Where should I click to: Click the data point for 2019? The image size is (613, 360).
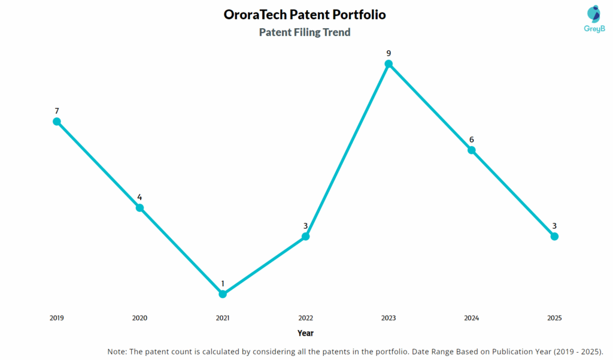pyautogui.click(x=57, y=122)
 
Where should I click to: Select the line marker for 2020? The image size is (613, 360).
pyautogui.click(x=139, y=208)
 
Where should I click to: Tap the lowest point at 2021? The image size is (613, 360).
pyautogui.click(x=223, y=294)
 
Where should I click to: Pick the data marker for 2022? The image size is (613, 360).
pyautogui.click(x=305, y=237)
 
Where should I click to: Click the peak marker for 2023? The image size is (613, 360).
pyautogui.click(x=389, y=64)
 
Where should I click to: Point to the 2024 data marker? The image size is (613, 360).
pyautogui.click(x=472, y=150)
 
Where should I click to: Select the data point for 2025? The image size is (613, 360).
pyautogui.click(x=554, y=237)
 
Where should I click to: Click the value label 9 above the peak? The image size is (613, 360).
pyautogui.click(x=389, y=53)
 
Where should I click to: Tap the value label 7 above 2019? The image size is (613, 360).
pyautogui.click(x=57, y=111)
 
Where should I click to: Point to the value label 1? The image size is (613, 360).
pyautogui.click(x=223, y=283)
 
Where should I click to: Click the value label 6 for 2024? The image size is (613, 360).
pyautogui.click(x=472, y=140)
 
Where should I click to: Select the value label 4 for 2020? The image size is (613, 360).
pyautogui.click(x=139, y=197)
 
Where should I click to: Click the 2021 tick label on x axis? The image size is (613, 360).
pyautogui.click(x=223, y=318)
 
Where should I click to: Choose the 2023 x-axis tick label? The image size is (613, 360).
pyautogui.click(x=389, y=318)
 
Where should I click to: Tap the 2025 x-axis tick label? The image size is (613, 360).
pyautogui.click(x=554, y=318)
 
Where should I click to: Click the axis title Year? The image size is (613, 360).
pyautogui.click(x=305, y=333)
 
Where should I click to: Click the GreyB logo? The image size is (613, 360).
pyautogui.click(x=593, y=19)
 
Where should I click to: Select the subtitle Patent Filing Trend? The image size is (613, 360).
pyautogui.click(x=305, y=32)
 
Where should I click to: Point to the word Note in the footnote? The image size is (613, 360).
pyautogui.click(x=117, y=351)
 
